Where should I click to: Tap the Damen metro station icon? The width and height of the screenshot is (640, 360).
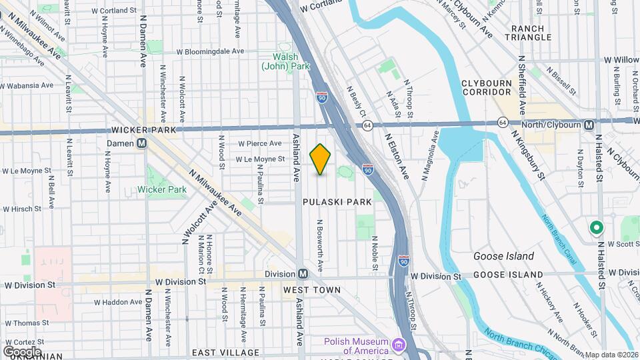click(142, 143)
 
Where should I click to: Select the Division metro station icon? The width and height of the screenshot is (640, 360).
click(303, 274)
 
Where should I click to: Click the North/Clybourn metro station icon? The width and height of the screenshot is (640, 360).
click(589, 125)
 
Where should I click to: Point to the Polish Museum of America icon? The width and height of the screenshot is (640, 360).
click(399, 345)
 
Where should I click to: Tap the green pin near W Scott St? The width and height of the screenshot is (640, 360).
click(595, 228)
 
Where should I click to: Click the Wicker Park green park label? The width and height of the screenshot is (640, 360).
click(162, 189)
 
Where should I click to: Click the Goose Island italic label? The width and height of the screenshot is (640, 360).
click(503, 256)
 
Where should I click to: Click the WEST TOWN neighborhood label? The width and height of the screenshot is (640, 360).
click(311, 290)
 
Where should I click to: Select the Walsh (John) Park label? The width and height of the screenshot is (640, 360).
click(286, 62)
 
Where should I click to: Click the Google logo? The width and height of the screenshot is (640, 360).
click(22, 351)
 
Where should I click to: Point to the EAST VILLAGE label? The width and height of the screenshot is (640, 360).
click(225, 352)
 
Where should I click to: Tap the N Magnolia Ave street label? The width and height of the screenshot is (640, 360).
click(430, 156)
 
